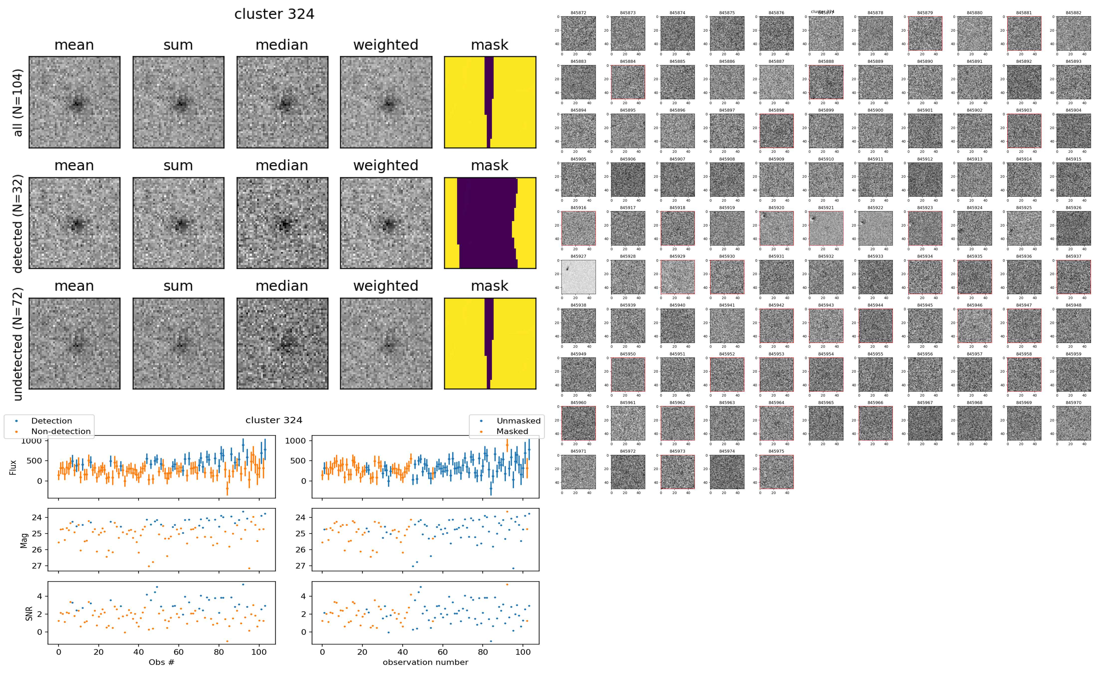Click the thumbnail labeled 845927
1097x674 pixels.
578,277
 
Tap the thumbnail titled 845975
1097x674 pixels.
777,472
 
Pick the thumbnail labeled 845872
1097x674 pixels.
578,33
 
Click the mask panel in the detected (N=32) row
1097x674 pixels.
490,223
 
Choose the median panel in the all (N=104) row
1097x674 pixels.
282,102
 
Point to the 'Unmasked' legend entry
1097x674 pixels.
518,421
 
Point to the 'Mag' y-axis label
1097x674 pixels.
24,540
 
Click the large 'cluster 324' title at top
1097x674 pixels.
274,14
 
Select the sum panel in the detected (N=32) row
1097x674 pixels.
178,223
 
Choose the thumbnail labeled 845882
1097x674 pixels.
1073,33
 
